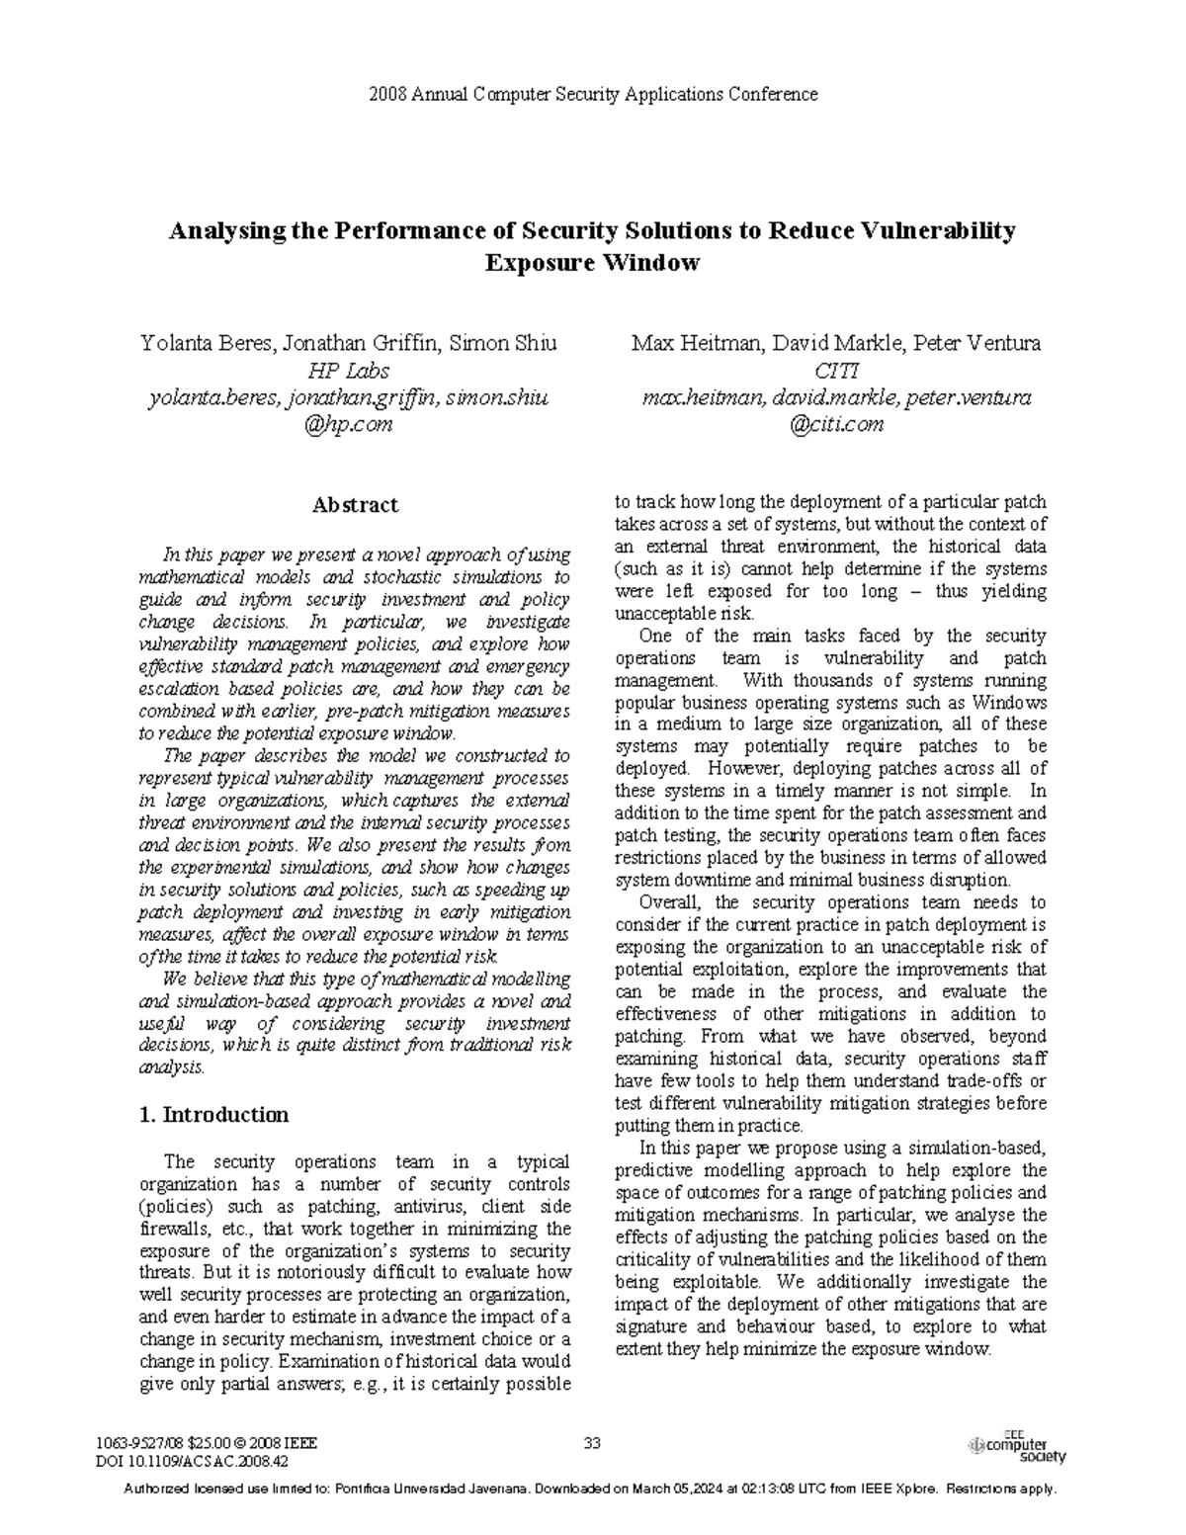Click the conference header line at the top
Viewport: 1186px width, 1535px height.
click(592, 95)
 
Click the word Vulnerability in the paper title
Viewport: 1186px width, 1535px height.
click(938, 231)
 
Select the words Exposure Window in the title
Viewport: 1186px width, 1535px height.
click(592, 263)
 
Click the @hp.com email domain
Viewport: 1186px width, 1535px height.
click(348, 424)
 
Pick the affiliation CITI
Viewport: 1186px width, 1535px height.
click(835, 371)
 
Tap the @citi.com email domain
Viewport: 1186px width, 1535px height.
click(835, 424)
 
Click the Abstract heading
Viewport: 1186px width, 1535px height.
click(355, 505)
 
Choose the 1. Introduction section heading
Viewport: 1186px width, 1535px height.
click(214, 1115)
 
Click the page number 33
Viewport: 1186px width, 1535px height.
click(592, 1443)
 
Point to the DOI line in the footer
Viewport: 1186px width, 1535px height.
click(193, 1460)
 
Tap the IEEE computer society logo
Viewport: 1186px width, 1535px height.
click(1018, 1447)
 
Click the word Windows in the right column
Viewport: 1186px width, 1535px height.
click(1009, 702)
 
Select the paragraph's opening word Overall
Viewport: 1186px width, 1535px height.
click(670, 902)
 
